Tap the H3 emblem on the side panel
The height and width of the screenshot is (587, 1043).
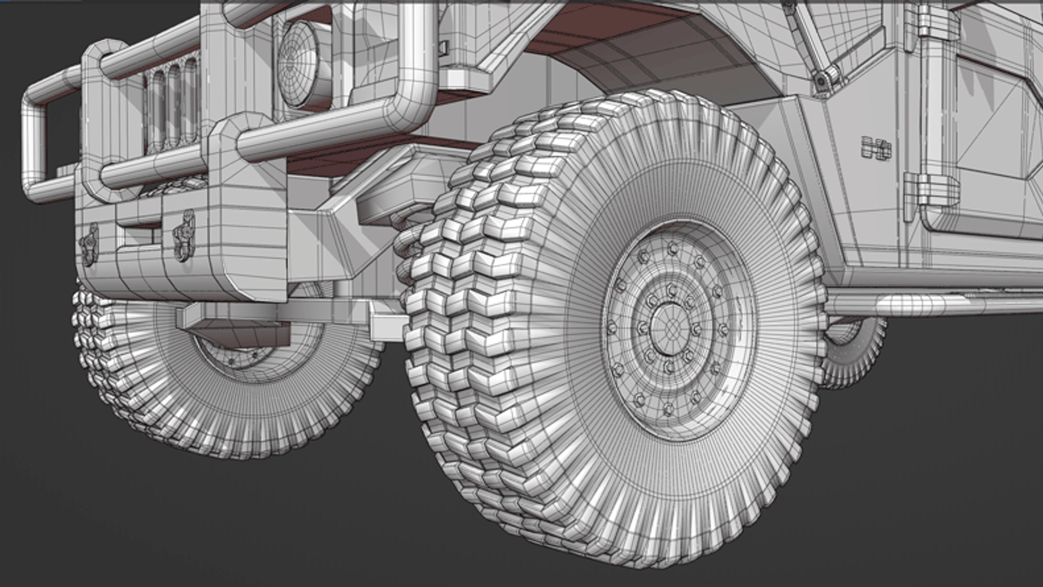876,148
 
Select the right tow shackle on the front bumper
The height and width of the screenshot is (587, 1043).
184,235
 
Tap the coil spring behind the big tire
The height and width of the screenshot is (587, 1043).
407,239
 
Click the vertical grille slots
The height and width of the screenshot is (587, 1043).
171,103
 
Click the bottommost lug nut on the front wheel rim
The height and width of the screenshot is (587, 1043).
668,409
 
